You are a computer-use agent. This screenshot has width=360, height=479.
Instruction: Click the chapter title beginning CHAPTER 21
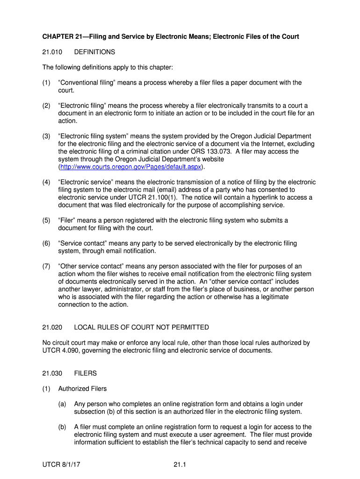coord(171,36)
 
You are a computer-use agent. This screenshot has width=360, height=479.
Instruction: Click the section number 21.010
coord(51,52)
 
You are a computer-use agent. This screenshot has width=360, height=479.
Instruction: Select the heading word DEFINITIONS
coord(94,52)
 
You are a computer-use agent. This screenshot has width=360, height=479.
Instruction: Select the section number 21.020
coord(51,327)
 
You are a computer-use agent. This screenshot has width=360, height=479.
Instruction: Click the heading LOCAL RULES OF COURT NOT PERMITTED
coord(141,327)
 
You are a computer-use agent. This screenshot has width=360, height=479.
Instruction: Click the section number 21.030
coord(51,373)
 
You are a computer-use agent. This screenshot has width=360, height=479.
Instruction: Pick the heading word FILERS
coord(86,373)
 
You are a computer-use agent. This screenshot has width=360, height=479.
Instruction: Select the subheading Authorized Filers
coord(82,389)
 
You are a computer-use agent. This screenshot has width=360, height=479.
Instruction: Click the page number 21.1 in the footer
coord(180,464)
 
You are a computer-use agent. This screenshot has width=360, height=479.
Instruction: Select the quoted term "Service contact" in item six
coord(83,243)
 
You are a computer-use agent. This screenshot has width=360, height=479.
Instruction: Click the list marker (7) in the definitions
coord(46,266)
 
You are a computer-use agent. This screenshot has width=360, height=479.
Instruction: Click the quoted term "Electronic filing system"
coord(97,136)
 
